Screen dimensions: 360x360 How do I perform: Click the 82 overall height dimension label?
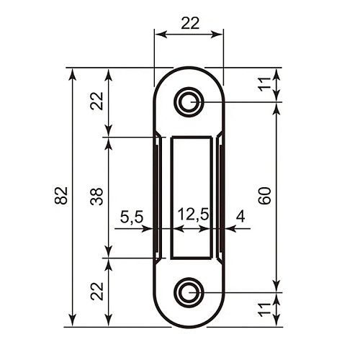pyautogui.click(x=61, y=195)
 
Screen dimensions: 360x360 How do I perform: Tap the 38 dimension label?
pyautogui.click(x=96, y=197)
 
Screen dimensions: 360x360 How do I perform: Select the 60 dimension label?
pyautogui.click(x=265, y=196)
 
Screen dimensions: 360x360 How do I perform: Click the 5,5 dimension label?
pyautogui.click(x=132, y=217)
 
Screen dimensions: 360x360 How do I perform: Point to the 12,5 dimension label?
pyautogui.click(x=193, y=215)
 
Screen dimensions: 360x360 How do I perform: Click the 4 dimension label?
pyautogui.click(x=240, y=216)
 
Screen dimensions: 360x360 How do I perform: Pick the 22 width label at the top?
pyautogui.click(x=190, y=23)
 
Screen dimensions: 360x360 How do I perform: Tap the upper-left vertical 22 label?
pyautogui.click(x=96, y=101)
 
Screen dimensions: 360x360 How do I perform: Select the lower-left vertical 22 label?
pyautogui.click(x=97, y=291)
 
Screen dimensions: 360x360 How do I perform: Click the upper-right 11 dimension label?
pyautogui.click(x=264, y=84)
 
